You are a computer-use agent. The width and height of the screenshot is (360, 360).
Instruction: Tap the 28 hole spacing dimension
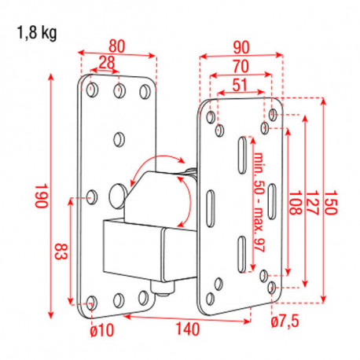pos(106,62)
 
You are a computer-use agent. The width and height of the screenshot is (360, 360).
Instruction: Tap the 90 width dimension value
pos(240,45)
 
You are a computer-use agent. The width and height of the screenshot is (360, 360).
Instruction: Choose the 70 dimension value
pos(240,65)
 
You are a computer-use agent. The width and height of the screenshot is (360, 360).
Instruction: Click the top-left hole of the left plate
pos(93,91)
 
